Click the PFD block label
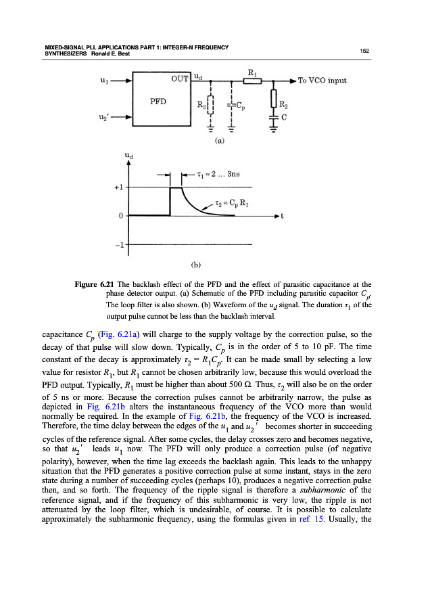point(158,102)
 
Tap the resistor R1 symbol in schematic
point(252,81)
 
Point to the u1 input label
point(102,81)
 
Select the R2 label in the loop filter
point(285,105)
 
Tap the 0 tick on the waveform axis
point(119,216)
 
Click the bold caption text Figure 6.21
point(94,282)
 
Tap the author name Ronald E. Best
point(101,54)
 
